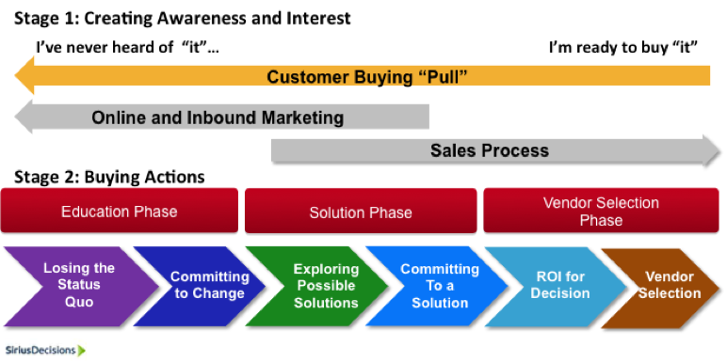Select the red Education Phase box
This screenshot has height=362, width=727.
coord(120,211)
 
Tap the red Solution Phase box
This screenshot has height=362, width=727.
coord(361,212)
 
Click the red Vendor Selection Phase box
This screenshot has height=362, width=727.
coord(601,211)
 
